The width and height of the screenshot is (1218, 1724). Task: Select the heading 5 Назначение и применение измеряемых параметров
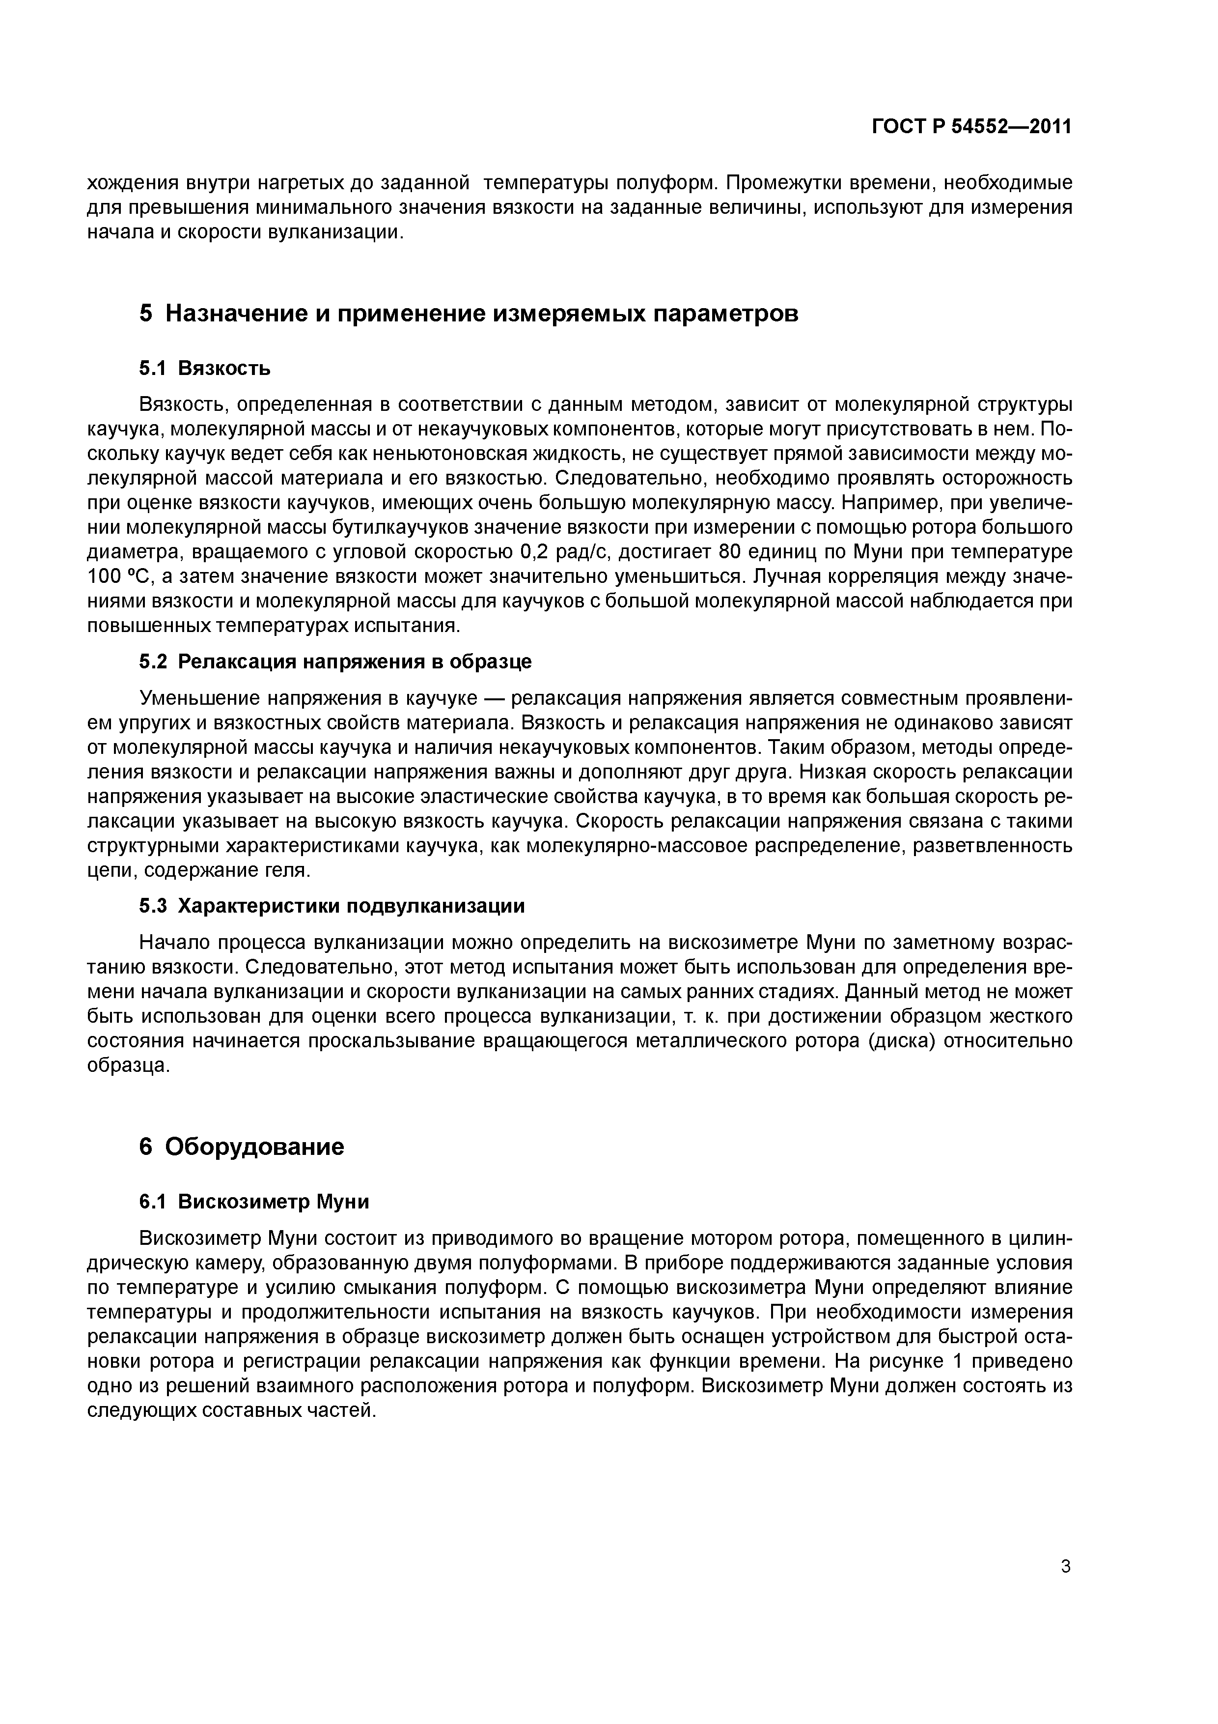click(468, 313)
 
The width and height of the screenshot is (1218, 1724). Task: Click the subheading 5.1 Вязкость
click(204, 368)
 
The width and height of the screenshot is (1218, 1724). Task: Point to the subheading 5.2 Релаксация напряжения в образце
click(335, 661)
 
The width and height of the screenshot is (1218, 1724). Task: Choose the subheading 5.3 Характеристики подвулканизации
click(332, 906)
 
